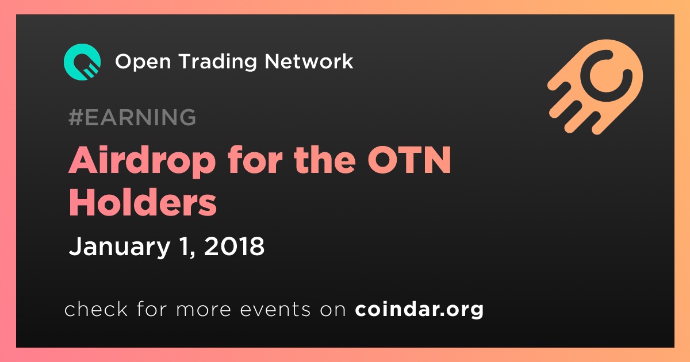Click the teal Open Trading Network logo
[x=82, y=62]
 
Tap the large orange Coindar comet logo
[x=596, y=87]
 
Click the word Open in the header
[x=143, y=62]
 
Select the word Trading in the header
[x=217, y=62]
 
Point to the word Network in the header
[x=309, y=61]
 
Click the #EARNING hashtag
[x=132, y=117]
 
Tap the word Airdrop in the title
[x=141, y=161]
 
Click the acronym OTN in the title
[x=409, y=160]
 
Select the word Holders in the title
[x=143, y=202]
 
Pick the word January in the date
[x=120, y=247]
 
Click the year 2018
[x=234, y=246]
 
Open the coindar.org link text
[x=419, y=309]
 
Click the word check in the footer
[x=96, y=309]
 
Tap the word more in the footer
[x=204, y=310]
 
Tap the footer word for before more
[x=152, y=309]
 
